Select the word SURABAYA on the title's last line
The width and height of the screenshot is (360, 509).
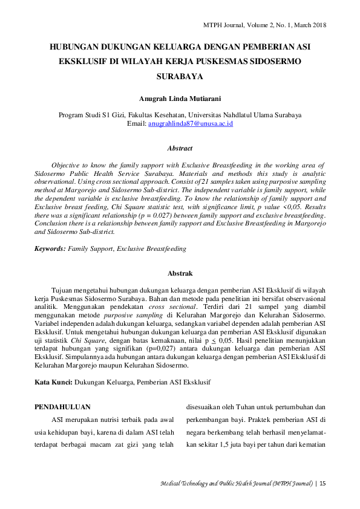[180, 77]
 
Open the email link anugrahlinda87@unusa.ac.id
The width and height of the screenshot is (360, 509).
[191, 123]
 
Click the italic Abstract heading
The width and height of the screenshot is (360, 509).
[180, 148]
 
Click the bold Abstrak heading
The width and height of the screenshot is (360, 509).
[180, 274]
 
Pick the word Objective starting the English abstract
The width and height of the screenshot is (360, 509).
[67, 165]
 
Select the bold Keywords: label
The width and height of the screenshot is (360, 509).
[50, 248]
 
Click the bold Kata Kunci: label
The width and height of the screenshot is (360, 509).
[53, 382]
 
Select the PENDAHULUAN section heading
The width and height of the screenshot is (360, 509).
[62, 407]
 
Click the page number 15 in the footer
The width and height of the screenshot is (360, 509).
[322, 483]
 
